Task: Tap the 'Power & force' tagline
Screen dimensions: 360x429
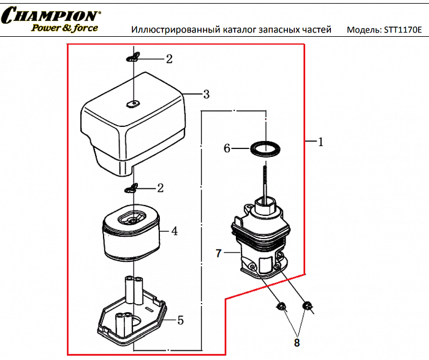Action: point(65,28)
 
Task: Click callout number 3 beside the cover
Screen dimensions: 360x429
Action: point(207,94)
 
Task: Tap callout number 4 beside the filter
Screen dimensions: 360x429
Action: point(174,231)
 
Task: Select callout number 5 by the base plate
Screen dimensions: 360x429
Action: point(180,320)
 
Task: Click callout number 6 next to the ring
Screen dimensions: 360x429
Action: point(227,148)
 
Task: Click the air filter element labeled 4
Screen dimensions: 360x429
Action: point(131,236)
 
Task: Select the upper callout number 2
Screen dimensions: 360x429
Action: point(169,59)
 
